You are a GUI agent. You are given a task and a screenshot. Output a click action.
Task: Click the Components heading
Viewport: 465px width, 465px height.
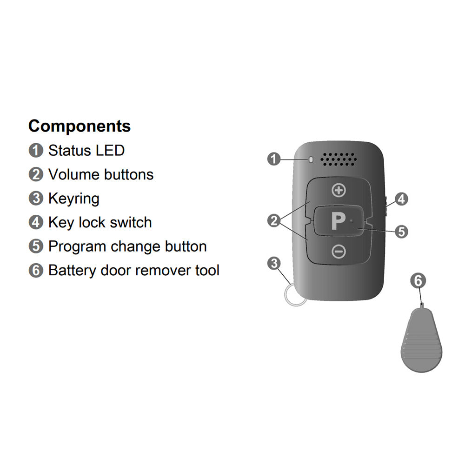click(80, 126)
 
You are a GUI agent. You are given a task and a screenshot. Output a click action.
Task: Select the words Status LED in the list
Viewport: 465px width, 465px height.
click(86, 151)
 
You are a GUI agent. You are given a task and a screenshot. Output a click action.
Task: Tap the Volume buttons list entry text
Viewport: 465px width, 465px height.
click(101, 175)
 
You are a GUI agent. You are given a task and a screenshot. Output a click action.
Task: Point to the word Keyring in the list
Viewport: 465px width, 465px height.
click(74, 199)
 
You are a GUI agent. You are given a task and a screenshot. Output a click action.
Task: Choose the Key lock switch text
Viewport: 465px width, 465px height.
click(100, 223)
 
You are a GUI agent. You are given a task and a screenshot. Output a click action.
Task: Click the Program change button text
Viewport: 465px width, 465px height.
click(127, 246)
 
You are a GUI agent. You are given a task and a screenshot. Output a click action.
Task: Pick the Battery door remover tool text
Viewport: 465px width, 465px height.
click(134, 270)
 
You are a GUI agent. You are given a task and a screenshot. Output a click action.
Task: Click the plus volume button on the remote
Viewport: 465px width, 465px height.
click(339, 190)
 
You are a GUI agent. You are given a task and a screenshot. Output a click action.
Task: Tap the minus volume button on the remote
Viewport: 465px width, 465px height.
click(339, 252)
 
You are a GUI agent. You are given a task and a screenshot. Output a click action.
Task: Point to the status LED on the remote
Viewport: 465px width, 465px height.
click(311, 160)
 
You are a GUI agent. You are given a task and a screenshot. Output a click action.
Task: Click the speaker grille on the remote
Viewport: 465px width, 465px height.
click(339, 159)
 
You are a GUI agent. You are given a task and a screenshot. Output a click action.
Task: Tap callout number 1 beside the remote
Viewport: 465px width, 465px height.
click(274, 159)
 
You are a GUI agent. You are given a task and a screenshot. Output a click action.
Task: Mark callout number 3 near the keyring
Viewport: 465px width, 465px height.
click(274, 264)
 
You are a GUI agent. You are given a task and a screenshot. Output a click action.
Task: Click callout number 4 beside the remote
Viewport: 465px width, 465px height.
click(401, 199)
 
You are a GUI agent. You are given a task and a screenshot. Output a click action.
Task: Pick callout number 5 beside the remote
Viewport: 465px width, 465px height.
click(401, 231)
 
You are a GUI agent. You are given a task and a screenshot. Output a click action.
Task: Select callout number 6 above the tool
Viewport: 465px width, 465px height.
click(418, 281)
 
